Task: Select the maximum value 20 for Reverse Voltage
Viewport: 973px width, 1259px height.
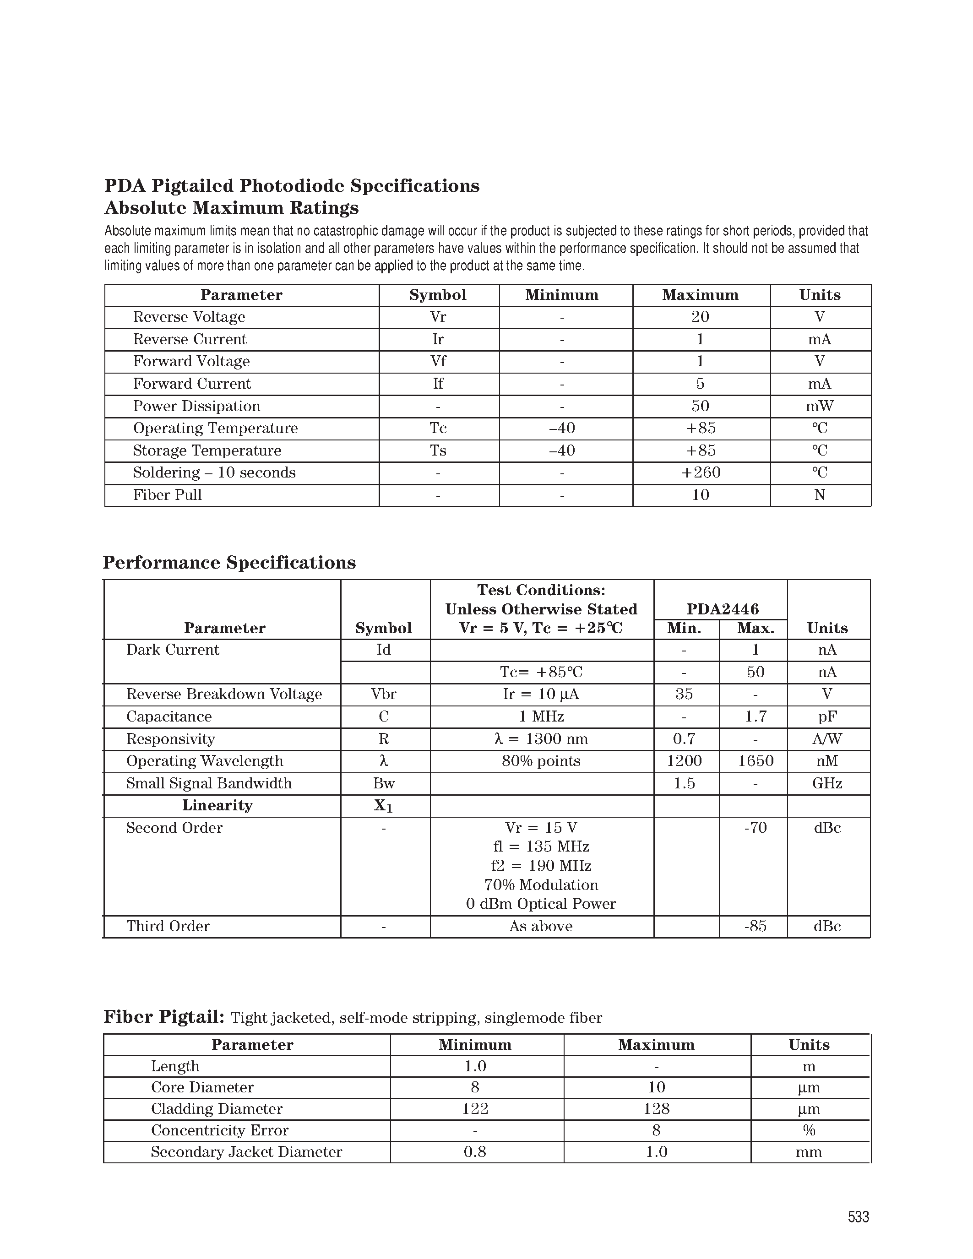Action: [x=701, y=317]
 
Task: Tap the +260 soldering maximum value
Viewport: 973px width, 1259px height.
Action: [x=701, y=473]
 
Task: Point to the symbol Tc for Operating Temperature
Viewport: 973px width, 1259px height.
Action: [x=438, y=429]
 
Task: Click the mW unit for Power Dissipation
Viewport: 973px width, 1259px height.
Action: [x=819, y=407]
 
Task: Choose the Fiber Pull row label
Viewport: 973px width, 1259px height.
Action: [x=167, y=495]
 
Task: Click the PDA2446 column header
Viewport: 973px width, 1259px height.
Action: [x=722, y=609]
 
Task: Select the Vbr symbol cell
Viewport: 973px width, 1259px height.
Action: [x=383, y=694]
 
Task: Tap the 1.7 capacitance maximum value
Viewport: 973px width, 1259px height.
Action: [x=755, y=716]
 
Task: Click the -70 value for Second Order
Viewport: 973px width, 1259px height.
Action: [x=755, y=828]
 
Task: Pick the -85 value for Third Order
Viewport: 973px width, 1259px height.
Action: [x=755, y=926]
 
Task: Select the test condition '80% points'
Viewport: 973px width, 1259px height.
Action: [x=541, y=761]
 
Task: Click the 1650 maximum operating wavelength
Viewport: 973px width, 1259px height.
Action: [x=755, y=761]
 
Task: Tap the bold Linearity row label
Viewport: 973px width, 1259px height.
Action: [x=217, y=805]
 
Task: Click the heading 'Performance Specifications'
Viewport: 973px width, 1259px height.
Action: [x=229, y=563]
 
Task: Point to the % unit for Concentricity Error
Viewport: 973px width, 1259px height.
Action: [x=809, y=1130]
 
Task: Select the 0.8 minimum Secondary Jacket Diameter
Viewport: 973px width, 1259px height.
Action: [x=475, y=1152]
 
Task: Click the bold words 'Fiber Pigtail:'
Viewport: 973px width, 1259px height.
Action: [x=164, y=1017]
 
